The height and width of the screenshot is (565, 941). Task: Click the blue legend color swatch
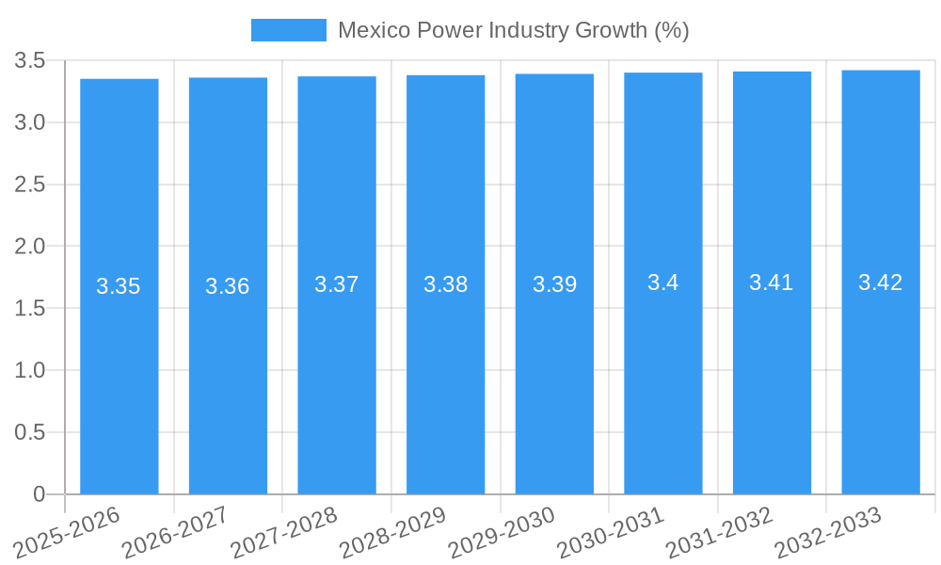coord(288,30)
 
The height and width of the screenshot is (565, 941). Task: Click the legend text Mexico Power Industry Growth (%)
coord(513,30)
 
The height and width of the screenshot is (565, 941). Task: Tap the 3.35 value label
coord(119,286)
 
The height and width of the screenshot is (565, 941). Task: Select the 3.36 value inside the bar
coord(228,286)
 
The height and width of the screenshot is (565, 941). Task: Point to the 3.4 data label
coord(663,282)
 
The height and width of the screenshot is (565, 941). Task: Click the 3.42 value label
coord(881,282)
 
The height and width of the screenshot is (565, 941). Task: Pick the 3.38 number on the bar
coord(446,284)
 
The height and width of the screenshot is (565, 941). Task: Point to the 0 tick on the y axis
coord(39,494)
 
